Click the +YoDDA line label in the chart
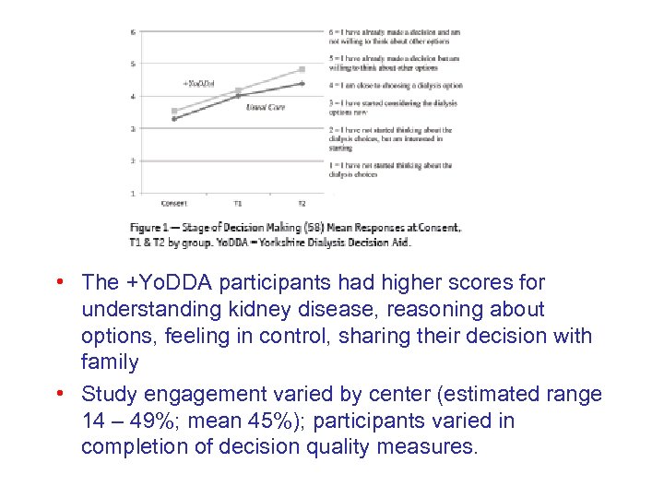pyautogui.click(x=198, y=83)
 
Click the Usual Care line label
pyautogui.click(x=265, y=107)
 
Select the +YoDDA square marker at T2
pyautogui.click(x=302, y=69)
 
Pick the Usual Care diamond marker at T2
pyautogui.click(x=302, y=83)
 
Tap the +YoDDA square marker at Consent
pyautogui.click(x=173, y=111)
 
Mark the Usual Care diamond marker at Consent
pyautogui.click(x=173, y=118)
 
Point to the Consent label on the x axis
pyautogui.click(x=173, y=203)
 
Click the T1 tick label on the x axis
pyautogui.click(x=238, y=203)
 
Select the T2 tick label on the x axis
pyautogui.click(x=302, y=203)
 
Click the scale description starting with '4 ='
pyautogui.click(x=395, y=85)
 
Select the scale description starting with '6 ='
pyautogui.click(x=394, y=36)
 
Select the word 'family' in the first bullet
pyautogui.click(x=110, y=362)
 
